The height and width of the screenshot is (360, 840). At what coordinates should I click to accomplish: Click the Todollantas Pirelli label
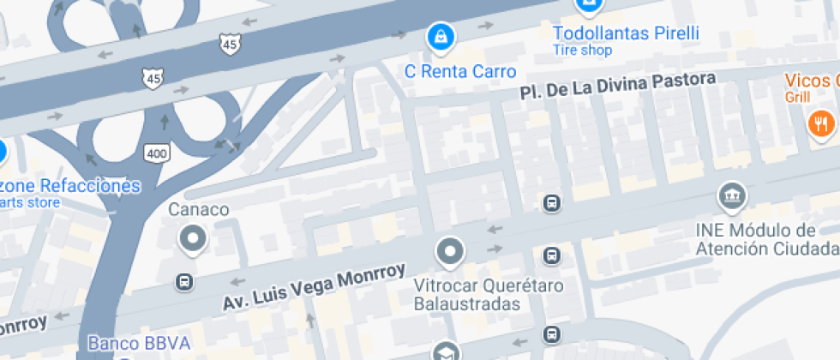626,33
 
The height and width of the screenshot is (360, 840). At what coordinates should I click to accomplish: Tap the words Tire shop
583,51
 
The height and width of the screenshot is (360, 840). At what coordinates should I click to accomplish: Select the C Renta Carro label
461,71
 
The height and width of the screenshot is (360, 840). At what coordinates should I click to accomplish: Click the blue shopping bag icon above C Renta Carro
441,37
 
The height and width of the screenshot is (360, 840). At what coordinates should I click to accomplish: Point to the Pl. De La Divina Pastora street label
617,86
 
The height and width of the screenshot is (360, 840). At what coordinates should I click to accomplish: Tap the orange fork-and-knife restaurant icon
820,123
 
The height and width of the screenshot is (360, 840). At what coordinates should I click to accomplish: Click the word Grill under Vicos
796,98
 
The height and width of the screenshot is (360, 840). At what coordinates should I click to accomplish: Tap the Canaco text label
198,209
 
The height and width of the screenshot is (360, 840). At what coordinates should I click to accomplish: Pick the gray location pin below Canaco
193,239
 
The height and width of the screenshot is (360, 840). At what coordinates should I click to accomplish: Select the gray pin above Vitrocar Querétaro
449,253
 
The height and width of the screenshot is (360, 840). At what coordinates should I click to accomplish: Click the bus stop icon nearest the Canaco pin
183,282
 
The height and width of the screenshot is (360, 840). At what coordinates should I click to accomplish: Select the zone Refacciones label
70,185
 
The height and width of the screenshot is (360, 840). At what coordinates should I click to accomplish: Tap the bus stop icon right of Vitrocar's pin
552,255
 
